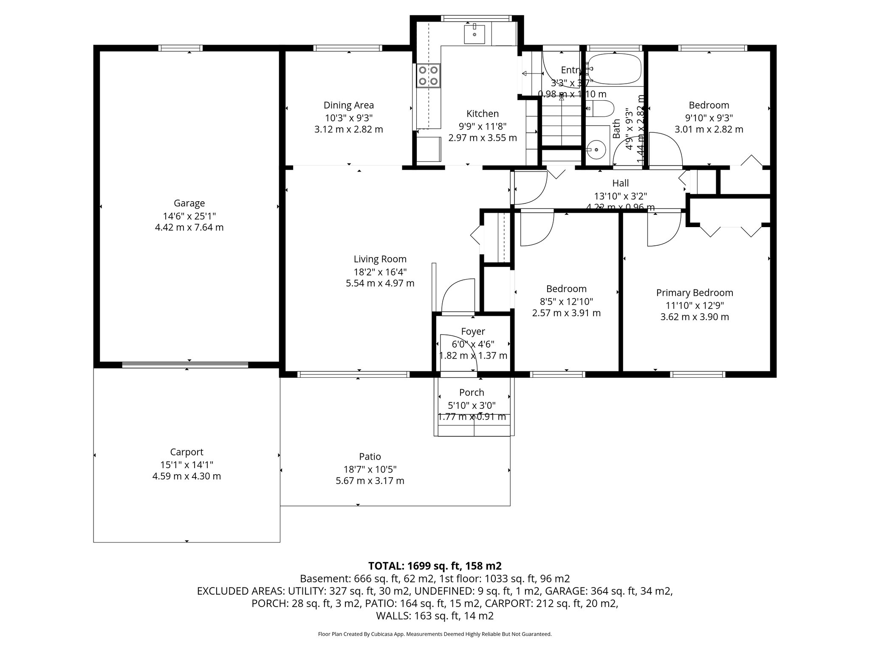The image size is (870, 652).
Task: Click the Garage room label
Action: (189, 203)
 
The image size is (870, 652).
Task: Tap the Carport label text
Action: (186, 452)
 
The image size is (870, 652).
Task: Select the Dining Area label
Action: (348, 105)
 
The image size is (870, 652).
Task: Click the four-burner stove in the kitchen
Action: (428, 76)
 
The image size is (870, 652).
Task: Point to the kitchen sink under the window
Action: (475, 34)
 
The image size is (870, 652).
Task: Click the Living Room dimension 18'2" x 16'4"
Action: (380, 272)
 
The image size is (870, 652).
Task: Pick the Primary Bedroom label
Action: (695, 293)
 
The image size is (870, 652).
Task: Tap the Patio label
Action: (370, 457)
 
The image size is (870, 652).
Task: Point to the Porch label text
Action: (472, 393)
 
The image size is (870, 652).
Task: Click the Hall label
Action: (620, 183)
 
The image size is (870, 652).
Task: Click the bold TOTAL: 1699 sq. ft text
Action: (435, 566)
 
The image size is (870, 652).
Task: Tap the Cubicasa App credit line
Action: (435, 634)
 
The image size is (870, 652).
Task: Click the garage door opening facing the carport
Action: (185, 365)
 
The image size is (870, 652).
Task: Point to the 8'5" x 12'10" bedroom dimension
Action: (566, 301)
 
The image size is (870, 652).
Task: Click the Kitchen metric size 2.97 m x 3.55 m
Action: (482, 138)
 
